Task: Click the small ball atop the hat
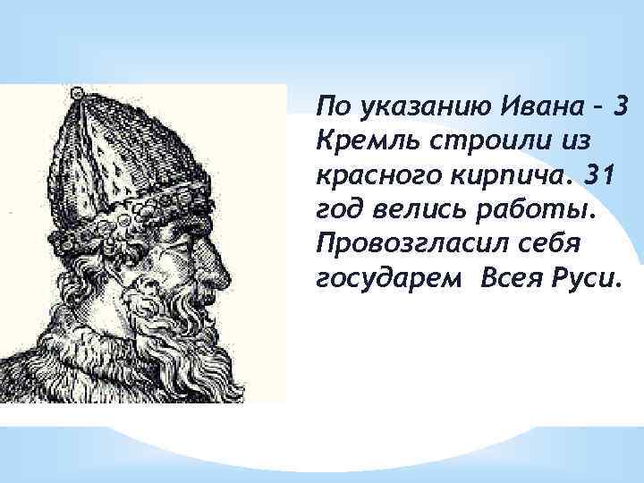[78, 92]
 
